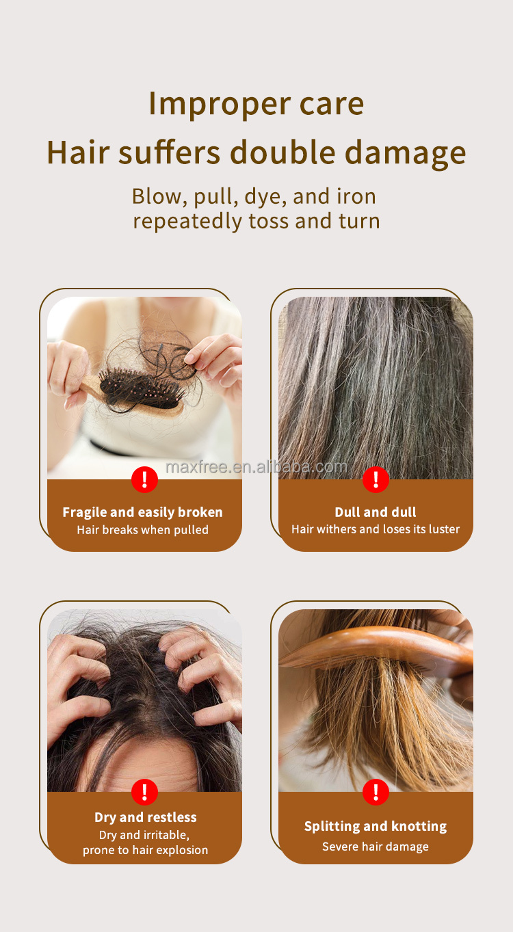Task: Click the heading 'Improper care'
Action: (x=256, y=104)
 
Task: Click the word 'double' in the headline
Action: (x=282, y=152)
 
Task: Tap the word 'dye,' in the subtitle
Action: (x=265, y=197)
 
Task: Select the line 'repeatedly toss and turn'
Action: (x=256, y=221)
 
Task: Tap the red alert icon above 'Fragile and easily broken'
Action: (x=144, y=479)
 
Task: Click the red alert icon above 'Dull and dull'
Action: (x=376, y=479)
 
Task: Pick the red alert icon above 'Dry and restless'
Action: (x=144, y=792)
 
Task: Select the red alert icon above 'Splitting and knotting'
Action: (x=376, y=792)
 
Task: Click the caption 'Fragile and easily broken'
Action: (x=143, y=512)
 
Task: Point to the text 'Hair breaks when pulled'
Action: (x=143, y=530)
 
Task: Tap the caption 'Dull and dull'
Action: (x=376, y=511)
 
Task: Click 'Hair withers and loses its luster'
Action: (x=376, y=529)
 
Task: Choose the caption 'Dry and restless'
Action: (x=146, y=817)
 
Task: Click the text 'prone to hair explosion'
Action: (x=145, y=850)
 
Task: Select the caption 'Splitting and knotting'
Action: (x=376, y=826)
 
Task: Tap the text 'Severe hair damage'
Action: (x=376, y=847)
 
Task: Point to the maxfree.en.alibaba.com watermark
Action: (x=256, y=467)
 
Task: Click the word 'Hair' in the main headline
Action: (x=78, y=152)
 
